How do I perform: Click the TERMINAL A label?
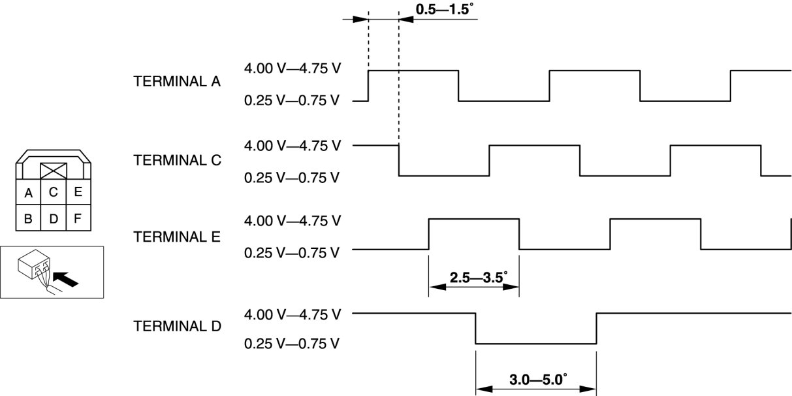(177, 83)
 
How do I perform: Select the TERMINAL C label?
(177, 159)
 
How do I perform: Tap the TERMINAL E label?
(177, 236)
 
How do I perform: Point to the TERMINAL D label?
(177, 325)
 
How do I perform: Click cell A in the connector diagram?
(29, 193)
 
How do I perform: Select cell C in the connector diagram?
(54, 192)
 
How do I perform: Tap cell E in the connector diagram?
(78, 192)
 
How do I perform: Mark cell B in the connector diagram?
(29, 218)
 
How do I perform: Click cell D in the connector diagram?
(54, 218)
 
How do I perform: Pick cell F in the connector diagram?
(78, 218)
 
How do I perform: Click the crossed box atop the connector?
(54, 171)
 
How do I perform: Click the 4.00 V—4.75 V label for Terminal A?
(292, 68)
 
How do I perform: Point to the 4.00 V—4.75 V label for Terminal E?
(292, 220)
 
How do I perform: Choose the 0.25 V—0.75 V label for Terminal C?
(292, 176)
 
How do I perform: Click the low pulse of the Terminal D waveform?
(535, 343)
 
